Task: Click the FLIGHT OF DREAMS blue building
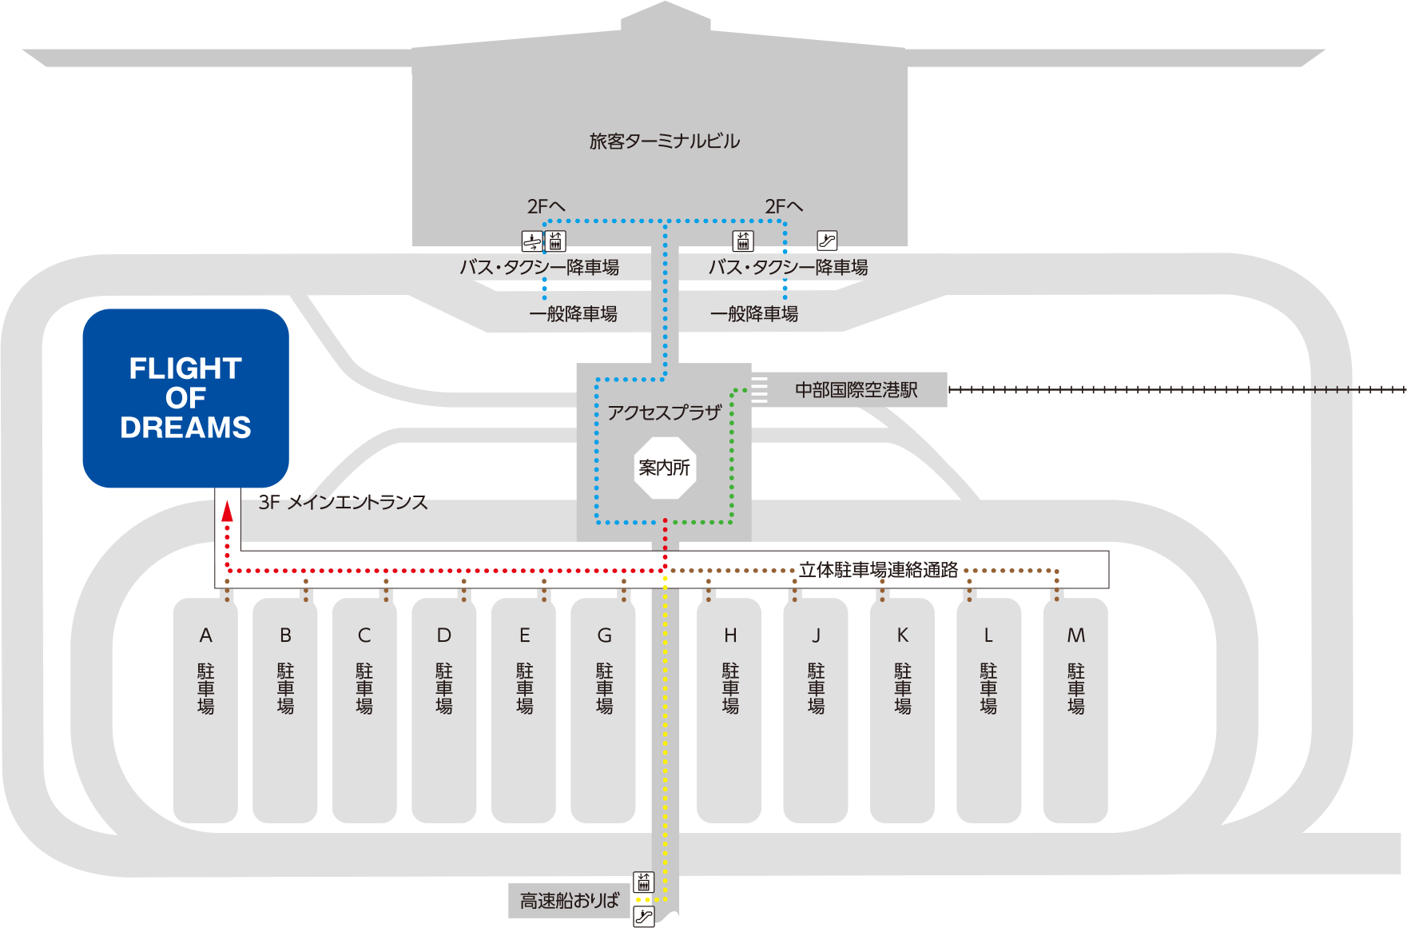point(185,397)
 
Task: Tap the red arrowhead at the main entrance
point(227,512)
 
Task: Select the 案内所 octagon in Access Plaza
point(665,468)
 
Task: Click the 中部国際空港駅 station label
point(856,390)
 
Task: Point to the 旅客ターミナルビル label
point(665,141)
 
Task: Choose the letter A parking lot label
point(206,635)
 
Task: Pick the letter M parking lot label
point(1075,635)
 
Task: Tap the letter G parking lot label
point(604,635)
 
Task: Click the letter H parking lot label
point(730,635)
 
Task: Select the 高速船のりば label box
point(569,901)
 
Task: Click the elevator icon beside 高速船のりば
point(643,882)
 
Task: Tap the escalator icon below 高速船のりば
point(643,916)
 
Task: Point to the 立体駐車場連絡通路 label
point(878,570)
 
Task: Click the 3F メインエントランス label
point(343,503)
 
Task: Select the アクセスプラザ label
point(665,412)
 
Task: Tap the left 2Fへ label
point(546,207)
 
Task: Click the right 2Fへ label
point(783,207)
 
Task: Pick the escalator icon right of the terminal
point(827,240)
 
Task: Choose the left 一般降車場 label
point(573,314)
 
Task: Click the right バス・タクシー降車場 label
point(788,268)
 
